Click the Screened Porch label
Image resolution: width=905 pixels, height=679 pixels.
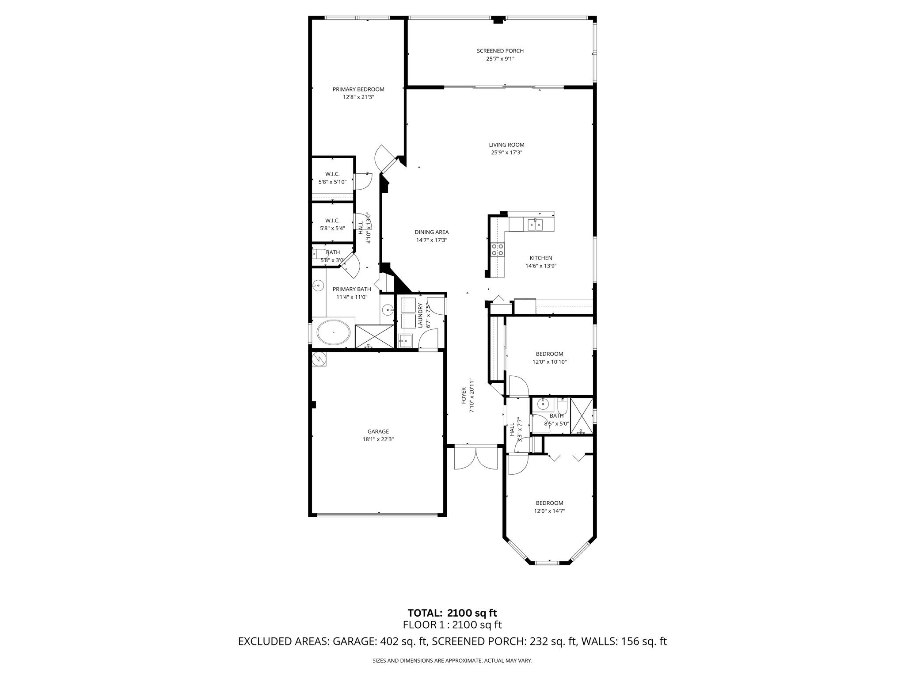coord(500,51)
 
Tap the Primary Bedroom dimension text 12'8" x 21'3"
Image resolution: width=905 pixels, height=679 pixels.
coord(358,97)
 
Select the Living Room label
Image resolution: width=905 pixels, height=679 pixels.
coord(506,145)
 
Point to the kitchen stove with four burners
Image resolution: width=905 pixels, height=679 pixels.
coord(498,250)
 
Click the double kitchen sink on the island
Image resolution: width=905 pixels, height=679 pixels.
coord(535,225)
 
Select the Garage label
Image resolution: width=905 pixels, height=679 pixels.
coord(378,431)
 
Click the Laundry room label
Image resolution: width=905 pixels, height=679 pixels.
coord(420,315)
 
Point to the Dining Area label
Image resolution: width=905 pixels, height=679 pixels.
coord(431,232)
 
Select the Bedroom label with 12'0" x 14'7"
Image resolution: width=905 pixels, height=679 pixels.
coord(549,503)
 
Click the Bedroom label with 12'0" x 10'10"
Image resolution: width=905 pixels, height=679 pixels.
coord(549,354)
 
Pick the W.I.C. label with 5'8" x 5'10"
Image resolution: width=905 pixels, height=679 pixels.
coord(332,174)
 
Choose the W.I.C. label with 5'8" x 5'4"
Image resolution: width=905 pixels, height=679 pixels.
coord(332,221)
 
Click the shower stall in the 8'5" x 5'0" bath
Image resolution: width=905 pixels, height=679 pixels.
coord(581,416)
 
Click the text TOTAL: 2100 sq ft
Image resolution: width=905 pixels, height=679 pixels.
coord(452,613)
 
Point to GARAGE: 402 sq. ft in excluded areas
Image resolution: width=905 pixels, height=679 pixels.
coord(380,641)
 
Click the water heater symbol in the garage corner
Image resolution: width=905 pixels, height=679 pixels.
coord(319,359)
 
